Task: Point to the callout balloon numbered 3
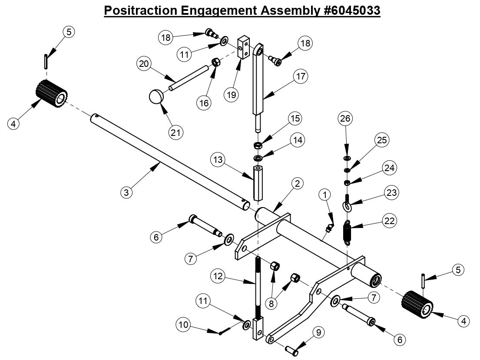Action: pos(126,192)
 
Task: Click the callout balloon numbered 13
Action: pos(218,160)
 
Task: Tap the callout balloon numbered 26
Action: pos(346,118)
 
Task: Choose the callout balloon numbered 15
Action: pos(296,119)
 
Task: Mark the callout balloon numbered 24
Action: pos(389,167)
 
